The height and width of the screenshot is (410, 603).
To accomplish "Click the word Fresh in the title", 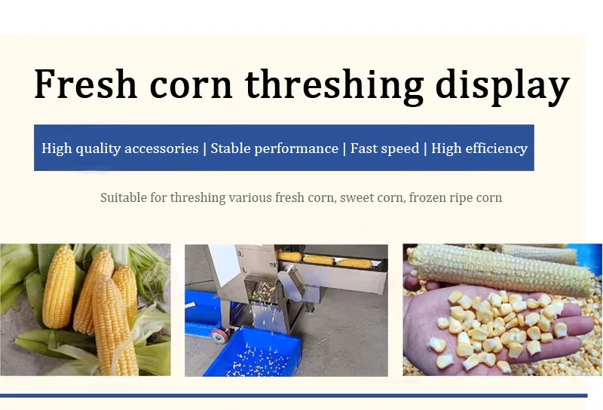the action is pos(85,84).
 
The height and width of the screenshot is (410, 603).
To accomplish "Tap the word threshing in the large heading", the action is pos(334,86).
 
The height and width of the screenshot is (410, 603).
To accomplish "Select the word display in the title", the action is pos(502,86).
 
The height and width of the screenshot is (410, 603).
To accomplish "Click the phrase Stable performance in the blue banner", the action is pos(274,148).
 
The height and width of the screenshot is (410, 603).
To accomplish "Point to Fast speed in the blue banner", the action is pos(384,148).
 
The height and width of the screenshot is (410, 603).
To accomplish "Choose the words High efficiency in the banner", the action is pos(479,148).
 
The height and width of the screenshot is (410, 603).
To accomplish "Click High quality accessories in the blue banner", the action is pos(120,148).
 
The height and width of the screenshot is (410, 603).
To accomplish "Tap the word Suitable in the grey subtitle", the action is pos(124,197).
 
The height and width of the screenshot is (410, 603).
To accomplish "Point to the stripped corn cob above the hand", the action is pos(500,268).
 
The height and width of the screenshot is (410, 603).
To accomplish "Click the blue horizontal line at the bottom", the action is pos(293,396).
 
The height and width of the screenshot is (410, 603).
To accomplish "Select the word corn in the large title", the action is pos(191,86).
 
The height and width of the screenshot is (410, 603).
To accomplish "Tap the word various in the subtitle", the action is pos(250,197).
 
